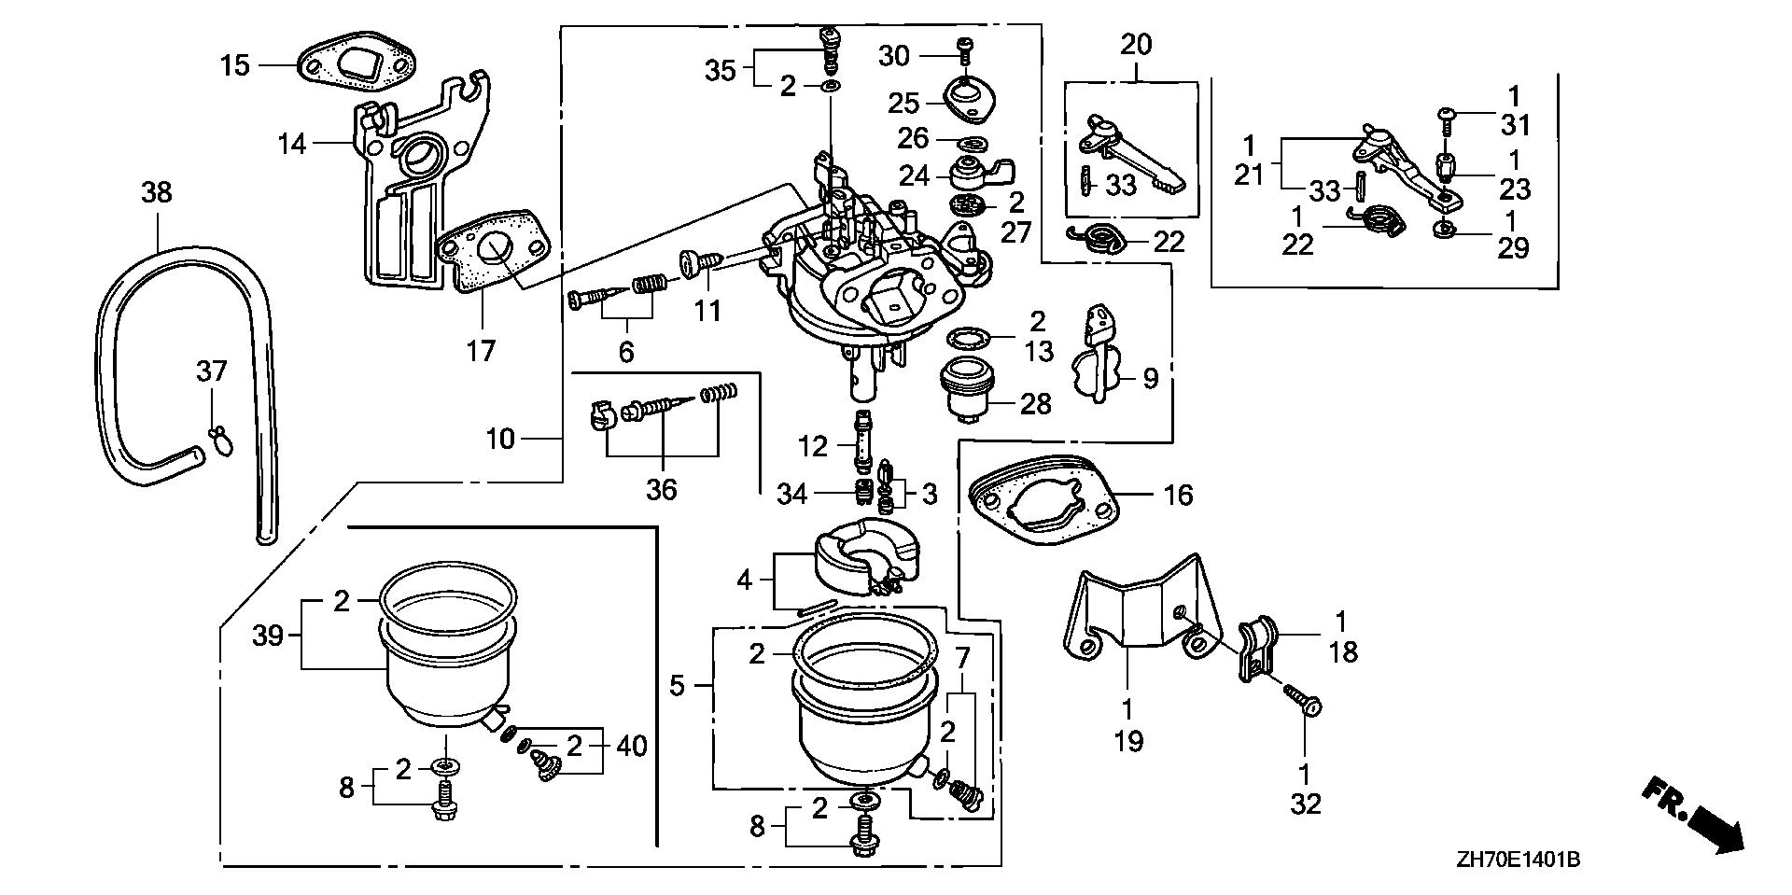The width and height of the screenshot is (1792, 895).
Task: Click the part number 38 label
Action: [157, 192]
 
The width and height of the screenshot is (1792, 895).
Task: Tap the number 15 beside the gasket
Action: [236, 65]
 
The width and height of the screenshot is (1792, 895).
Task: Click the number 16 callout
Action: [1179, 494]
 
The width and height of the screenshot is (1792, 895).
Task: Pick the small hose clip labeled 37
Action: [220, 441]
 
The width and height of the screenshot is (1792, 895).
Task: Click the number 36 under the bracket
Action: [662, 488]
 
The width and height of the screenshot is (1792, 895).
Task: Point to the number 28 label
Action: [1036, 403]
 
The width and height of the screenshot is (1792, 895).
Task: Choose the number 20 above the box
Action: [1136, 44]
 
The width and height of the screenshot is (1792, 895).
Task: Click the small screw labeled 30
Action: [965, 45]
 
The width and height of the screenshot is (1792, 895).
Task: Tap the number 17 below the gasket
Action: [482, 350]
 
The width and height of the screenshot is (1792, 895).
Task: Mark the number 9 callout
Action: [1151, 378]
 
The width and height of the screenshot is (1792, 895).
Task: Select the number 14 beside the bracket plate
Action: [292, 143]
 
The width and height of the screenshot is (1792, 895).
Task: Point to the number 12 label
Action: [813, 445]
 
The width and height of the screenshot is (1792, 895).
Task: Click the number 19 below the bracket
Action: [1128, 741]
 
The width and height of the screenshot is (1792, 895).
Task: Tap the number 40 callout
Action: [630, 746]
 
